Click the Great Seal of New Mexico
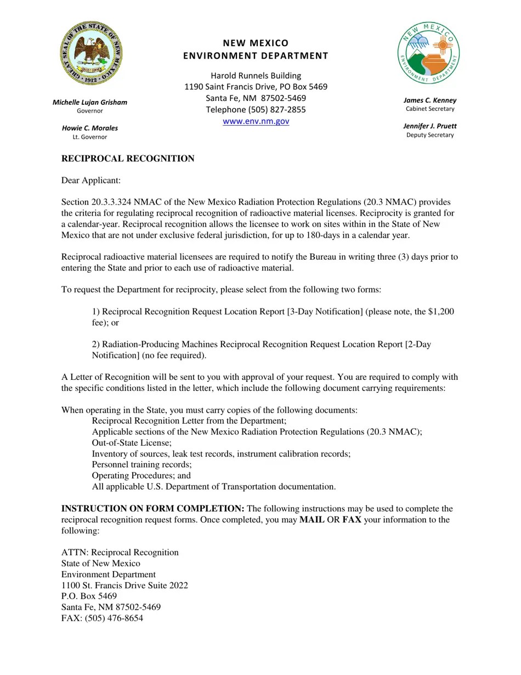pos(91,53)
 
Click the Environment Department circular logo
pos(428,53)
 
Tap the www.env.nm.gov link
pos(256,121)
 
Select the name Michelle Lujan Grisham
pos(90,102)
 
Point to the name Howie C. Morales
pos(90,128)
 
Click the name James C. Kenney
pos(430,100)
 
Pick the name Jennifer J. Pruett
pos(430,126)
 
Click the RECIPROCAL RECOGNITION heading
pos(128,159)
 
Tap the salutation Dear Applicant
pos(91,181)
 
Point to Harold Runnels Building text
pos(256,76)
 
